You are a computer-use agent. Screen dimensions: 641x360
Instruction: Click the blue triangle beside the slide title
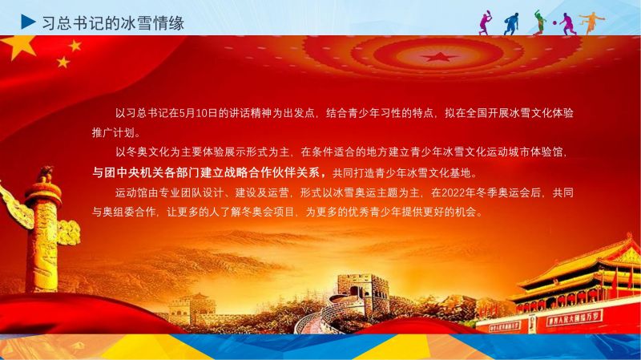click(27, 22)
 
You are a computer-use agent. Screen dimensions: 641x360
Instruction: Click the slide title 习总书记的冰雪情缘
click(113, 23)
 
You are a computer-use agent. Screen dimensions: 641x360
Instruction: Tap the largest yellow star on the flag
click(18, 46)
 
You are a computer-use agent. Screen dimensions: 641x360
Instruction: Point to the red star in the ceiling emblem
click(439, 56)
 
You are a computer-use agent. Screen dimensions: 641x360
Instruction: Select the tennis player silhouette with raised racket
click(486, 23)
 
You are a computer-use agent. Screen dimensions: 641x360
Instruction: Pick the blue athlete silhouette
click(511, 24)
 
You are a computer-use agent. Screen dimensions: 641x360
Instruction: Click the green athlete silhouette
click(539, 22)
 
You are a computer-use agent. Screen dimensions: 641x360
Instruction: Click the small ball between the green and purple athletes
click(554, 23)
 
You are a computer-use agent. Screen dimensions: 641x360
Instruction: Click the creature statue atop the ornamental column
click(46, 174)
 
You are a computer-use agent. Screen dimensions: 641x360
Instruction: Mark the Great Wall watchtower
click(361, 293)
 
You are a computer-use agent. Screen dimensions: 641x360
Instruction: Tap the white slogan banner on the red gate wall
click(574, 318)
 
